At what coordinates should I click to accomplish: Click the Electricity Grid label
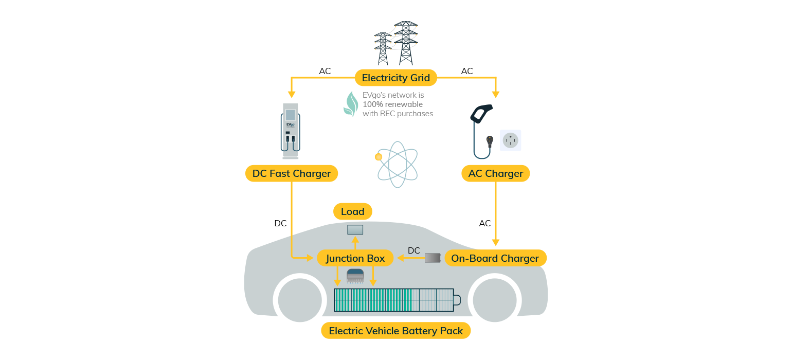click(395, 78)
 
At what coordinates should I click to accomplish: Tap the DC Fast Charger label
click(291, 173)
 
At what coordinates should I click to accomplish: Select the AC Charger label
click(495, 173)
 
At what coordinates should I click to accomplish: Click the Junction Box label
click(355, 258)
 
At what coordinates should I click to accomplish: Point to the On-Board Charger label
click(495, 258)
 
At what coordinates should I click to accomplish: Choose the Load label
click(352, 211)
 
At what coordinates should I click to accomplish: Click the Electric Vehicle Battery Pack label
click(395, 331)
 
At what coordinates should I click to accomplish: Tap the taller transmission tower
click(406, 43)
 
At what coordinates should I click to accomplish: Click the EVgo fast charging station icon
click(291, 131)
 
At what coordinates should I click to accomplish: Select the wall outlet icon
click(510, 140)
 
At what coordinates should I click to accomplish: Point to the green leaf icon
click(351, 104)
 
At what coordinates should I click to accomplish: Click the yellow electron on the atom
click(379, 157)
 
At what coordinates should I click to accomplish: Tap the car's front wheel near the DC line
click(300, 300)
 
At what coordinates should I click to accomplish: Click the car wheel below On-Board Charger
click(495, 300)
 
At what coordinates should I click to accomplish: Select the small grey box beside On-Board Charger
click(433, 258)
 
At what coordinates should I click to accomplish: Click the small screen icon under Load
click(355, 230)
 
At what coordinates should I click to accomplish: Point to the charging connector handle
click(481, 114)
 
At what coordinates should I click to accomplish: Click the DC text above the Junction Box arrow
click(413, 251)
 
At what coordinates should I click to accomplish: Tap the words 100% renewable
click(392, 104)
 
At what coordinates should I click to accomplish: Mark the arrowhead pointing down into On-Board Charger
click(495, 242)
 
